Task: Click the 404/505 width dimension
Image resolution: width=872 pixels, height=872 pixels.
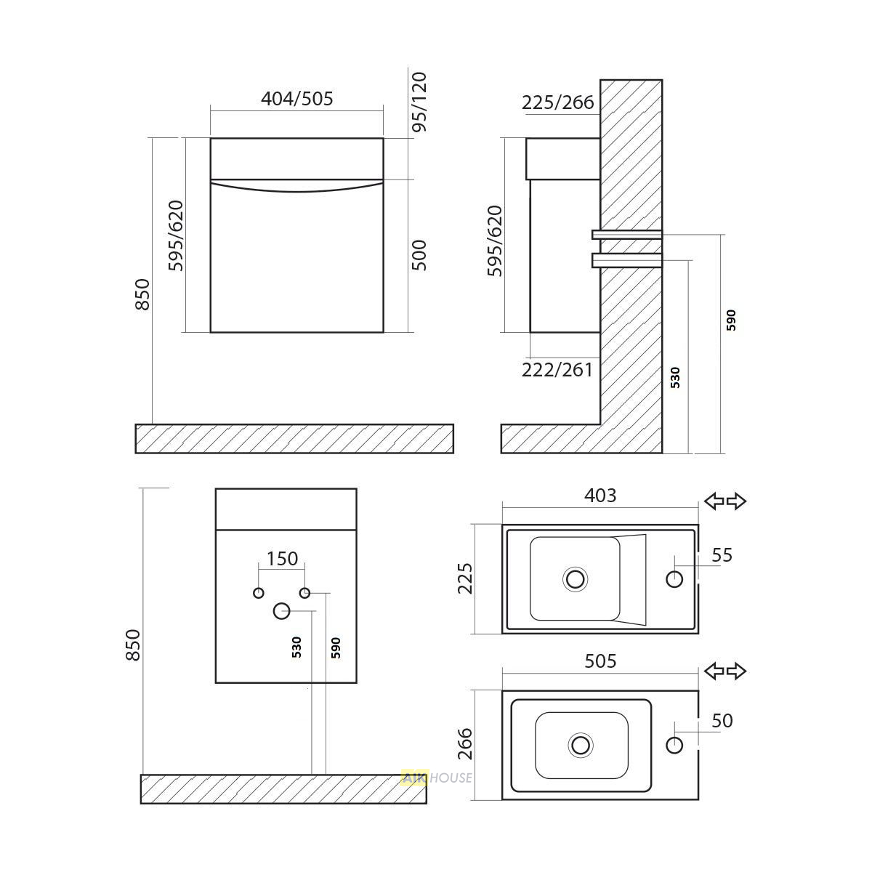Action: pyautogui.click(x=297, y=98)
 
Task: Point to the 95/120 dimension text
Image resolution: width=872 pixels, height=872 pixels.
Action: pyautogui.click(x=419, y=102)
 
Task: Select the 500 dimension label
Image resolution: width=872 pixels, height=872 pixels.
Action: pyautogui.click(x=419, y=255)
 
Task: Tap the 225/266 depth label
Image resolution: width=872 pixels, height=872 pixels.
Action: pyautogui.click(x=557, y=102)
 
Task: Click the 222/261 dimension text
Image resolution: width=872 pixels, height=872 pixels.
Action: pyautogui.click(x=557, y=370)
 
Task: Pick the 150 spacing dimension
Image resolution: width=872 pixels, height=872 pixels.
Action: pyautogui.click(x=282, y=559)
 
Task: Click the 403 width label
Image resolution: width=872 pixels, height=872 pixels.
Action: pyautogui.click(x=600, y=496)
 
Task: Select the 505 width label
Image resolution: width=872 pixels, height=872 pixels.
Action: pyautogui.click(x=600, y=661)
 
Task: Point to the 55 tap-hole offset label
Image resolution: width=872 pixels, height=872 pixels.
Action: pyautogui.click(x=722, y=554)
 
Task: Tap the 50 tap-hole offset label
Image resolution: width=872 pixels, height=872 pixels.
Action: pyautogui.click(x=722, y=720)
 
